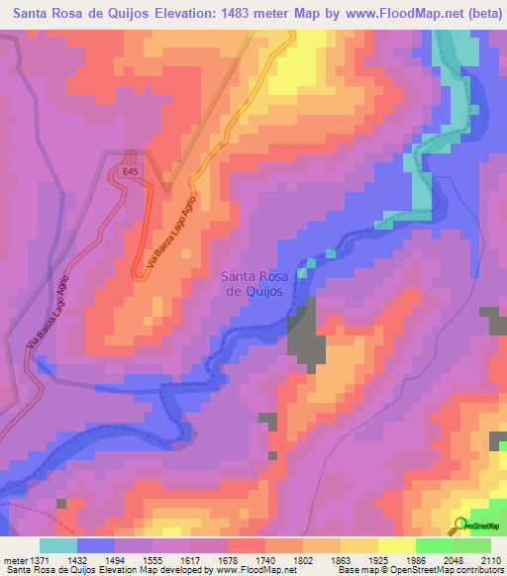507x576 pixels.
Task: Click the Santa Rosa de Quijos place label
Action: pos(253,284)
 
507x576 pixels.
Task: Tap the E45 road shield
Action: pos(132,171)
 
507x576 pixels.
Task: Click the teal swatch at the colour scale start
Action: pos(57,545)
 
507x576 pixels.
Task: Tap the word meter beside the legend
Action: pos(15,560)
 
